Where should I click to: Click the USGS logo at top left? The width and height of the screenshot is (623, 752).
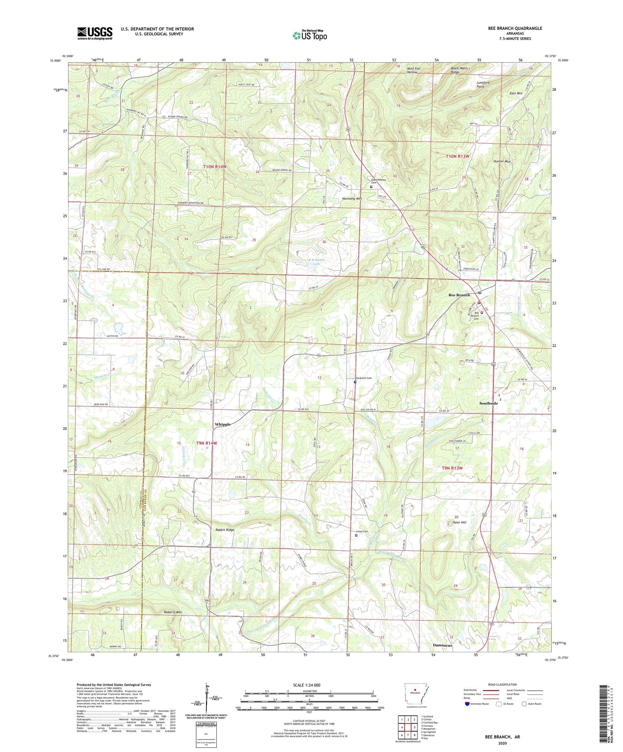coord(94,33)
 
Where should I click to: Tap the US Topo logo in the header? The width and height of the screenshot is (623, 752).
coord(309,35)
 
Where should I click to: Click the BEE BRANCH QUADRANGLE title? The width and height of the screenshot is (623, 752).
coord(515,28)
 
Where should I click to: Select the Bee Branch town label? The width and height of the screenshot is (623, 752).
coord(459,295)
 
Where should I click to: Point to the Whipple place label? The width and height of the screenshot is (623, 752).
coord(223,424)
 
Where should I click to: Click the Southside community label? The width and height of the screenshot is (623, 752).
coord(488,403)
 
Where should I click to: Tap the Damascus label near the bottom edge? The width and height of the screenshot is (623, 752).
coord(442,645)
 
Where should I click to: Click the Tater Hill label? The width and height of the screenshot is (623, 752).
coord(459,523)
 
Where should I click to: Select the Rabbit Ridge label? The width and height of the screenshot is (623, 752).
coord(225,530)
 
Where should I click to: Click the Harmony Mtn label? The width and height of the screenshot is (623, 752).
coord(352,199)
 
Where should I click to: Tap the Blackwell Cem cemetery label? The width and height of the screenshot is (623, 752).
coord(363,378)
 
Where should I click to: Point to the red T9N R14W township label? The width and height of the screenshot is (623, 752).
coord(206,443)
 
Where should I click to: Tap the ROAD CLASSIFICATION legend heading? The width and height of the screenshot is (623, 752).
coord(503,684)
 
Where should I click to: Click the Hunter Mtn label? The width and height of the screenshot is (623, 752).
coord(502,161)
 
